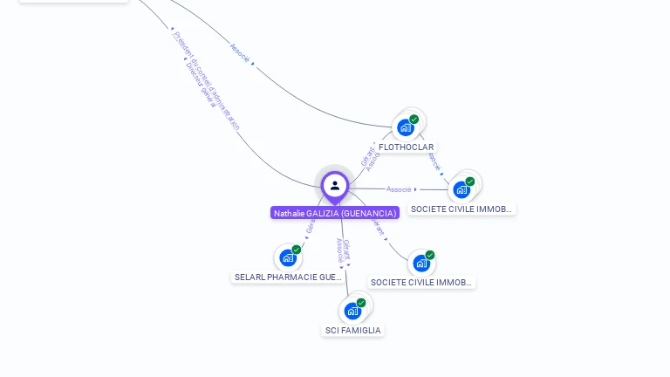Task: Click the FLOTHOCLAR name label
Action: coord(406,147)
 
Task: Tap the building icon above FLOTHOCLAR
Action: coord(406,127)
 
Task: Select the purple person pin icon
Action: coord(335,185)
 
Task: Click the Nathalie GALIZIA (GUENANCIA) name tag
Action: coord(335,213)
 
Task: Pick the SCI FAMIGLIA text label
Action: coord(352,330)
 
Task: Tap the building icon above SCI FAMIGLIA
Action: coord(352,311)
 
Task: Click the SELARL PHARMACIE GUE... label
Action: coord(288,277)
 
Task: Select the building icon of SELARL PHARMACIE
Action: coord(288,257)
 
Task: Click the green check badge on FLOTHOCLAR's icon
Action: coord(414,120)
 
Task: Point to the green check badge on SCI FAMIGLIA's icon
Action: coord(361,303)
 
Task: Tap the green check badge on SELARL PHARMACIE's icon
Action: coord(297,250)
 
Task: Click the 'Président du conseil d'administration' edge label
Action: coord(206,79)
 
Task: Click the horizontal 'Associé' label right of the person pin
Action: coord(399,188)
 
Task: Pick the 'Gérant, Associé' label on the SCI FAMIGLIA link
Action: coord(343,252)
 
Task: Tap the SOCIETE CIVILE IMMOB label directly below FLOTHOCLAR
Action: coord(462,209)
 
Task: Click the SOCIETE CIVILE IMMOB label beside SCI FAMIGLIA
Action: coord(421,282)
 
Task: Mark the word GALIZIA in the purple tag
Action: coord(322,213)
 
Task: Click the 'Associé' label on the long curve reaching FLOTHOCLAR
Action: coord(240,51)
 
